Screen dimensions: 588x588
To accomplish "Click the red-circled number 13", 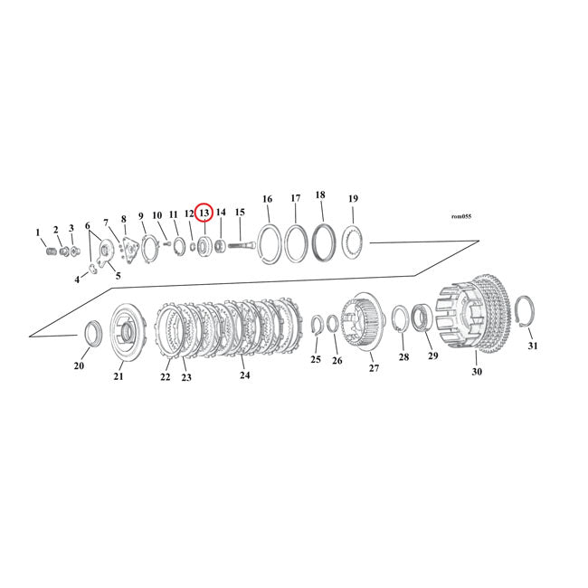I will point(204,213).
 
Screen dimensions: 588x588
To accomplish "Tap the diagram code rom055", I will point(460,217).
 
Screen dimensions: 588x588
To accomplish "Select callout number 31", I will point(532,346).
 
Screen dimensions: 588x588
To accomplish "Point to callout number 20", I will point(79,365).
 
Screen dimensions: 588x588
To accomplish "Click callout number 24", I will point(243,374).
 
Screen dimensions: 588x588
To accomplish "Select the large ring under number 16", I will point(268,244).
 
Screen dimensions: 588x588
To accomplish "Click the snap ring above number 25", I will point(317,327).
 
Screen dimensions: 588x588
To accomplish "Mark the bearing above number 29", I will point(422,318).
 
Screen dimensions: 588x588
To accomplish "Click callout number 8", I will point(124,218).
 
